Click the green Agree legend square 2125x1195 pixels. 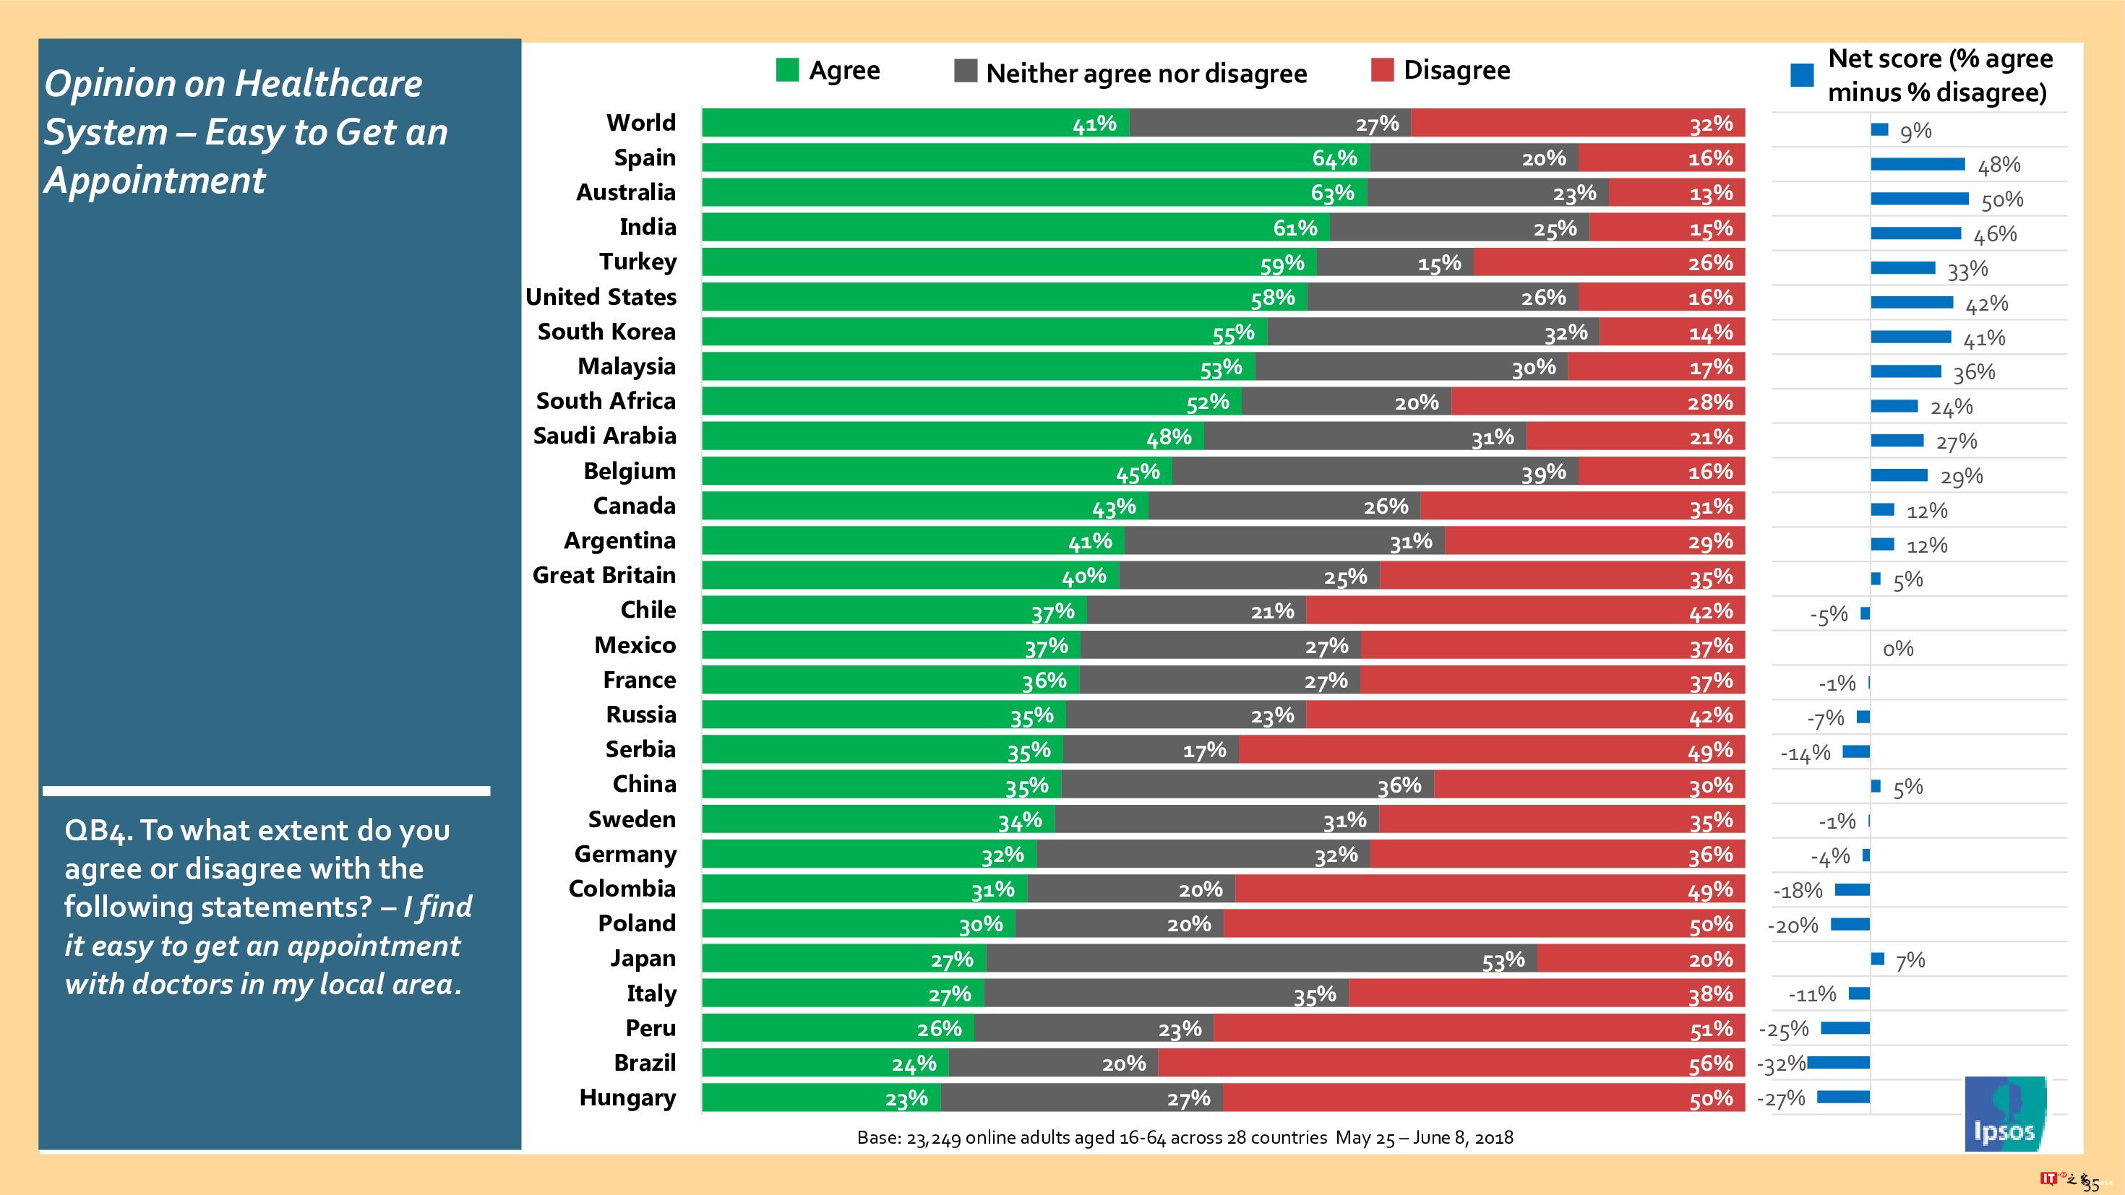pos(787,70)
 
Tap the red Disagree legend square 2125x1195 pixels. pos(1382,70)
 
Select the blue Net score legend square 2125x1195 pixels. pos(1802,75)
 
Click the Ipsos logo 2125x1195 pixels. pos(2004,1113)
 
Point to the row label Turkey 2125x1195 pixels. pos(637,262)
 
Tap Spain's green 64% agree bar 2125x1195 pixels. pos(1035,158)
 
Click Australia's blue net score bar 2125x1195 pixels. pos(1919,199)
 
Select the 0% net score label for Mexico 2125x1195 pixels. pos(1897,649)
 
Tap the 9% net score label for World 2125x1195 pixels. pos(1915,131)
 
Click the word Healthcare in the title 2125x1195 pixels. pos(328,84)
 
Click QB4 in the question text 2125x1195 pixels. pos(97,830)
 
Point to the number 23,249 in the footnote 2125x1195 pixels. pos(933,1138)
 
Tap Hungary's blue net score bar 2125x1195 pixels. pos(1843,1097)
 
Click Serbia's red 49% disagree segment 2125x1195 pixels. pos(1491,750)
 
